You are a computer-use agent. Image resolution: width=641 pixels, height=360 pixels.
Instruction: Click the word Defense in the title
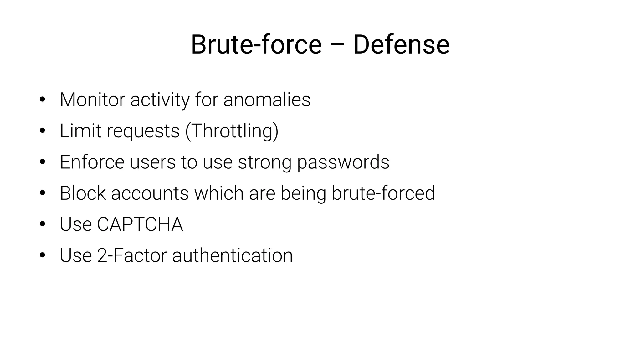pos(401,45)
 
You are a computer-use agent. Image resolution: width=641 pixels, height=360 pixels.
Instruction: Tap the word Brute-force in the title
pos(256,45)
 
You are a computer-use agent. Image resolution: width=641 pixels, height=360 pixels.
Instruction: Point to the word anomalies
pos(267,100)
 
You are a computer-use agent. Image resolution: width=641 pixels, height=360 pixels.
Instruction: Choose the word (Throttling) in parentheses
pos(232,131)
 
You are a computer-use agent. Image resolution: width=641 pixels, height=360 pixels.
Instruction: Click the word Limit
pos(80,131)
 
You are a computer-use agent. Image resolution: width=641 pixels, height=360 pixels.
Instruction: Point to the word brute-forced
pos(383,193)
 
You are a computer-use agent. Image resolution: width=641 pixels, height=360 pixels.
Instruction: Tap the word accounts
pos(150,193)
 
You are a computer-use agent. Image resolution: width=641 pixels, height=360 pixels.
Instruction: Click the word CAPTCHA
pos(140,224)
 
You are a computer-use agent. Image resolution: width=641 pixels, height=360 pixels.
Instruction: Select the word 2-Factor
pos(132,255)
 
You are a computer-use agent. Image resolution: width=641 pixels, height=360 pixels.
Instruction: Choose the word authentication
pos(232,255)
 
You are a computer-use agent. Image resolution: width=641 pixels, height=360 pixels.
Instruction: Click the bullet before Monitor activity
pos(43,100)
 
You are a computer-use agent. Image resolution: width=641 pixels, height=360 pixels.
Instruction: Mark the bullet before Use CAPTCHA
pos(43,224)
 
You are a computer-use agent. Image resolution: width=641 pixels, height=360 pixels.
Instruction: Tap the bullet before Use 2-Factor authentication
pos(43,255)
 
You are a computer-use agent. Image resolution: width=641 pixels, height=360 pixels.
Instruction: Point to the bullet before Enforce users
pos(43,162)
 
